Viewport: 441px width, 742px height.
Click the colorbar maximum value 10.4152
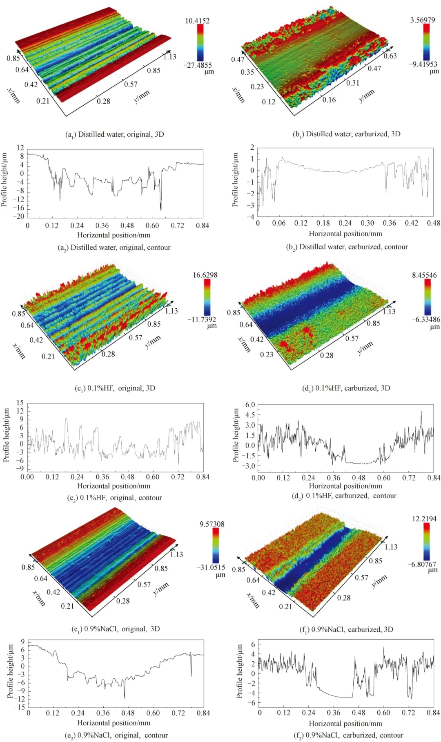[197, 20]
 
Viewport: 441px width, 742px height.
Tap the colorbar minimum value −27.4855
[198, 65]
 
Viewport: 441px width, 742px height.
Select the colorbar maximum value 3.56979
[423, 20]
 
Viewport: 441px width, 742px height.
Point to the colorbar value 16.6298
[205, 275]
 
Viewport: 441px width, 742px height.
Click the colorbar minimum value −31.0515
[211, 567]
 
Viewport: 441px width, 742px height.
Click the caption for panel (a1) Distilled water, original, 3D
[115, 135]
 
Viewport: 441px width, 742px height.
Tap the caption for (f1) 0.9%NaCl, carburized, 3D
[347, 629]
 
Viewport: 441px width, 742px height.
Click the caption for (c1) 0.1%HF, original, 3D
[115, 388]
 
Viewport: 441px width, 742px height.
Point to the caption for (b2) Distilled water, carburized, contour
[347, 247]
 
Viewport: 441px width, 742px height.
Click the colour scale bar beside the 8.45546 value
[427, 297]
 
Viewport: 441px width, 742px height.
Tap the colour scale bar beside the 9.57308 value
[215, 546]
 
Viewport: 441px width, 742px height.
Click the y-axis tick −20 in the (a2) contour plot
[20, 217]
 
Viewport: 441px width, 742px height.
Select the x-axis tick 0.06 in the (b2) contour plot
[279, 223]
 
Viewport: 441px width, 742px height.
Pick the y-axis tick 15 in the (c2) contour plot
[20, 403]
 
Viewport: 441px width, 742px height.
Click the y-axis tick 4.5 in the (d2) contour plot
[250, 415]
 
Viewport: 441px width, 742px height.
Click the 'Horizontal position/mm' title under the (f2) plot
[345, 724]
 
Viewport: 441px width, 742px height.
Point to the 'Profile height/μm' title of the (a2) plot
[4, 180]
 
